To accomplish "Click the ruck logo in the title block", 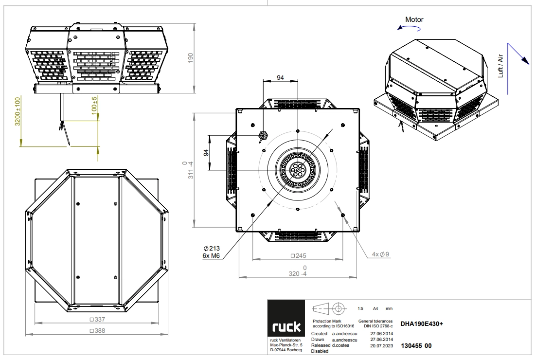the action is pyautogui.click(x=286, y=318).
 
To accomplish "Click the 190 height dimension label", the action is pyautogui.click(x=190, y=57).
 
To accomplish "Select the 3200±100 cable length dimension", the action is pyautogui.click(x=18, y=111).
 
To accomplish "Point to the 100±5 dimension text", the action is pyautogui.click(x=94, y=105).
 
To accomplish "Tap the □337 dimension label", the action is pyautogui.click(x=97, y=319).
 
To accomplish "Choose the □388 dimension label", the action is pyautogui.click(x=97, y=331).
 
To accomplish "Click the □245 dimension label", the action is pyautogui.click(x=298, y=256).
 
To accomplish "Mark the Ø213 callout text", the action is pyautogui.click(x=212, y=249).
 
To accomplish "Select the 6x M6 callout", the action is pyautogui.click(x=211, y=256).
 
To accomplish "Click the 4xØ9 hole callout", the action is pyautogui.click(x=380, y=254).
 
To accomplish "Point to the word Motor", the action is pyautogui.click(x=414, y=19).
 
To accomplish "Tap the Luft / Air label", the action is pyautogui.click(x=501, y=66).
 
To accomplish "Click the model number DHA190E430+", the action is pyautogui.click(x=422, y=324).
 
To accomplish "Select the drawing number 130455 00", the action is pyautogui.click(x=416, y=345).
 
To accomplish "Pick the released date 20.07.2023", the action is pyautogui.click(x=381, y=345).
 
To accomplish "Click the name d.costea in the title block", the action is pyautogui.click(x=341, y=345).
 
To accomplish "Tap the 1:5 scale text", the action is pyautogui.click(x=360, y=308).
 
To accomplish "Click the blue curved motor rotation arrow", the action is pyautogui.click(x=409, y=28).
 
